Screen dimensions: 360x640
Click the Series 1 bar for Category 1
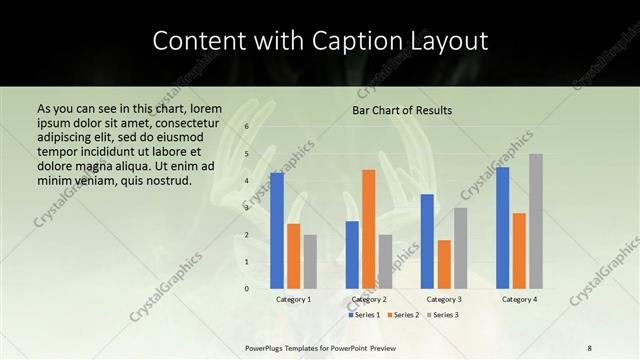pos(277,231)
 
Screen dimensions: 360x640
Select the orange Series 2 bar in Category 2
pos(368,229)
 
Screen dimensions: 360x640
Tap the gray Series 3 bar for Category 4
pos(536,221)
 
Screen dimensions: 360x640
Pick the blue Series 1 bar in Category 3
pos(427,241)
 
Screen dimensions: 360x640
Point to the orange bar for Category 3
pos(444,264)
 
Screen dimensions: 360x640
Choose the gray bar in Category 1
pos(310,262)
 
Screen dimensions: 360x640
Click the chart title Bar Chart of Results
pos(402,110)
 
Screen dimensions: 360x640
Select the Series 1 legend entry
pos(364,315)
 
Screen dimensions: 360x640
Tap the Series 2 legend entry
pos(403,315)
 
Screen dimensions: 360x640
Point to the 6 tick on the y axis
pos(246,127)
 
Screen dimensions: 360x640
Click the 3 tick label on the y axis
pos(246,208)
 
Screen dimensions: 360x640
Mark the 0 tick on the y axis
pos(246,289)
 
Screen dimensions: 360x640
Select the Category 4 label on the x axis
pos(519,299)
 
